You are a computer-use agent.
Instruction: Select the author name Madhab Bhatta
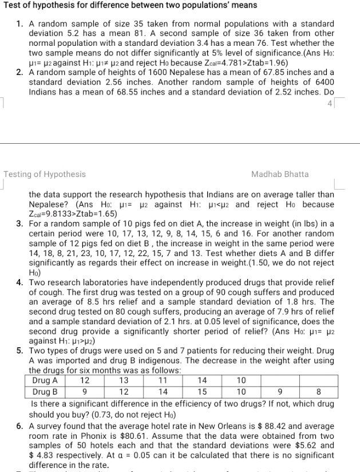click(x=279, y=174)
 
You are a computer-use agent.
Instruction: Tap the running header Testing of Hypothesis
click(x=45, y=174)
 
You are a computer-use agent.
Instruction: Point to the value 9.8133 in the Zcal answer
click(x=56, y=214)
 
